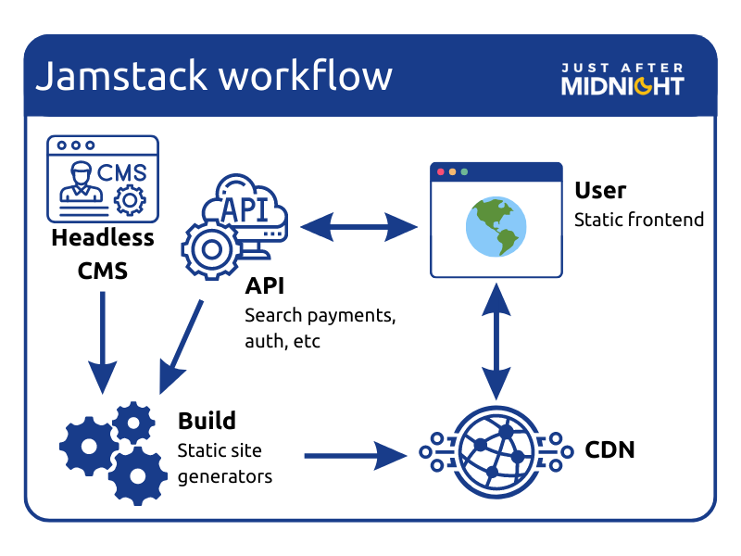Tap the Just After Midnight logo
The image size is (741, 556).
(x=622, y=79)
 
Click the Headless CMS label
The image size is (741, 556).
(x=102, y=255)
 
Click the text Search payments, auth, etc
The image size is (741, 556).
(x=320, y=327)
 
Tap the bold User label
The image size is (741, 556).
(x=600, y=191)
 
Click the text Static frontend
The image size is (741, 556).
(x=639, y=220)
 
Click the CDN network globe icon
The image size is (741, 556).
(x=496, y=450)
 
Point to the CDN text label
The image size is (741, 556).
(x=609, y=451)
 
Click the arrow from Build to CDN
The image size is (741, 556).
(x=357, y=454)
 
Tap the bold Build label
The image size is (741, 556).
(x=207, y=421)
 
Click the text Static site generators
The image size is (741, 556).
(x=224, y=463)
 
